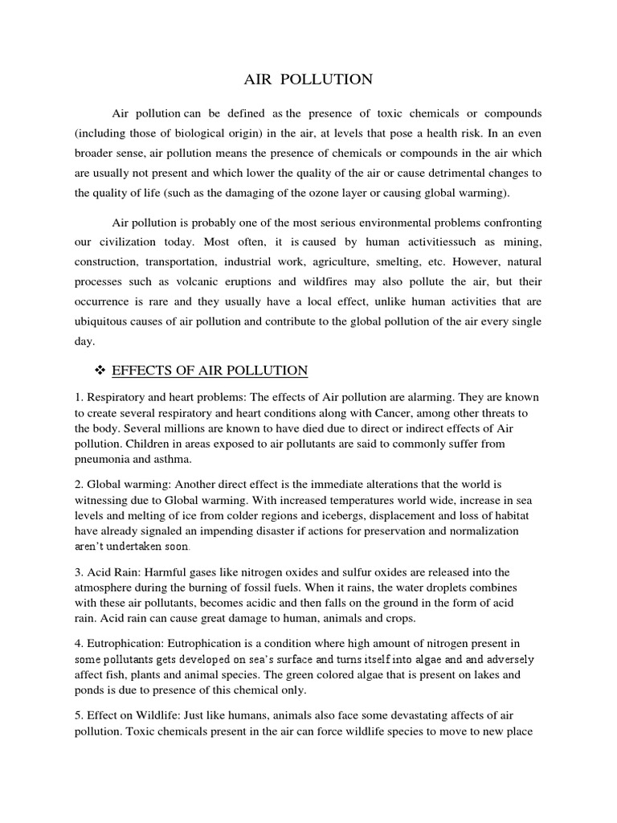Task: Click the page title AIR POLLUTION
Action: coord(308,79)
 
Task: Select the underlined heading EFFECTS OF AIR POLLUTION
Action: coord(210,371)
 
